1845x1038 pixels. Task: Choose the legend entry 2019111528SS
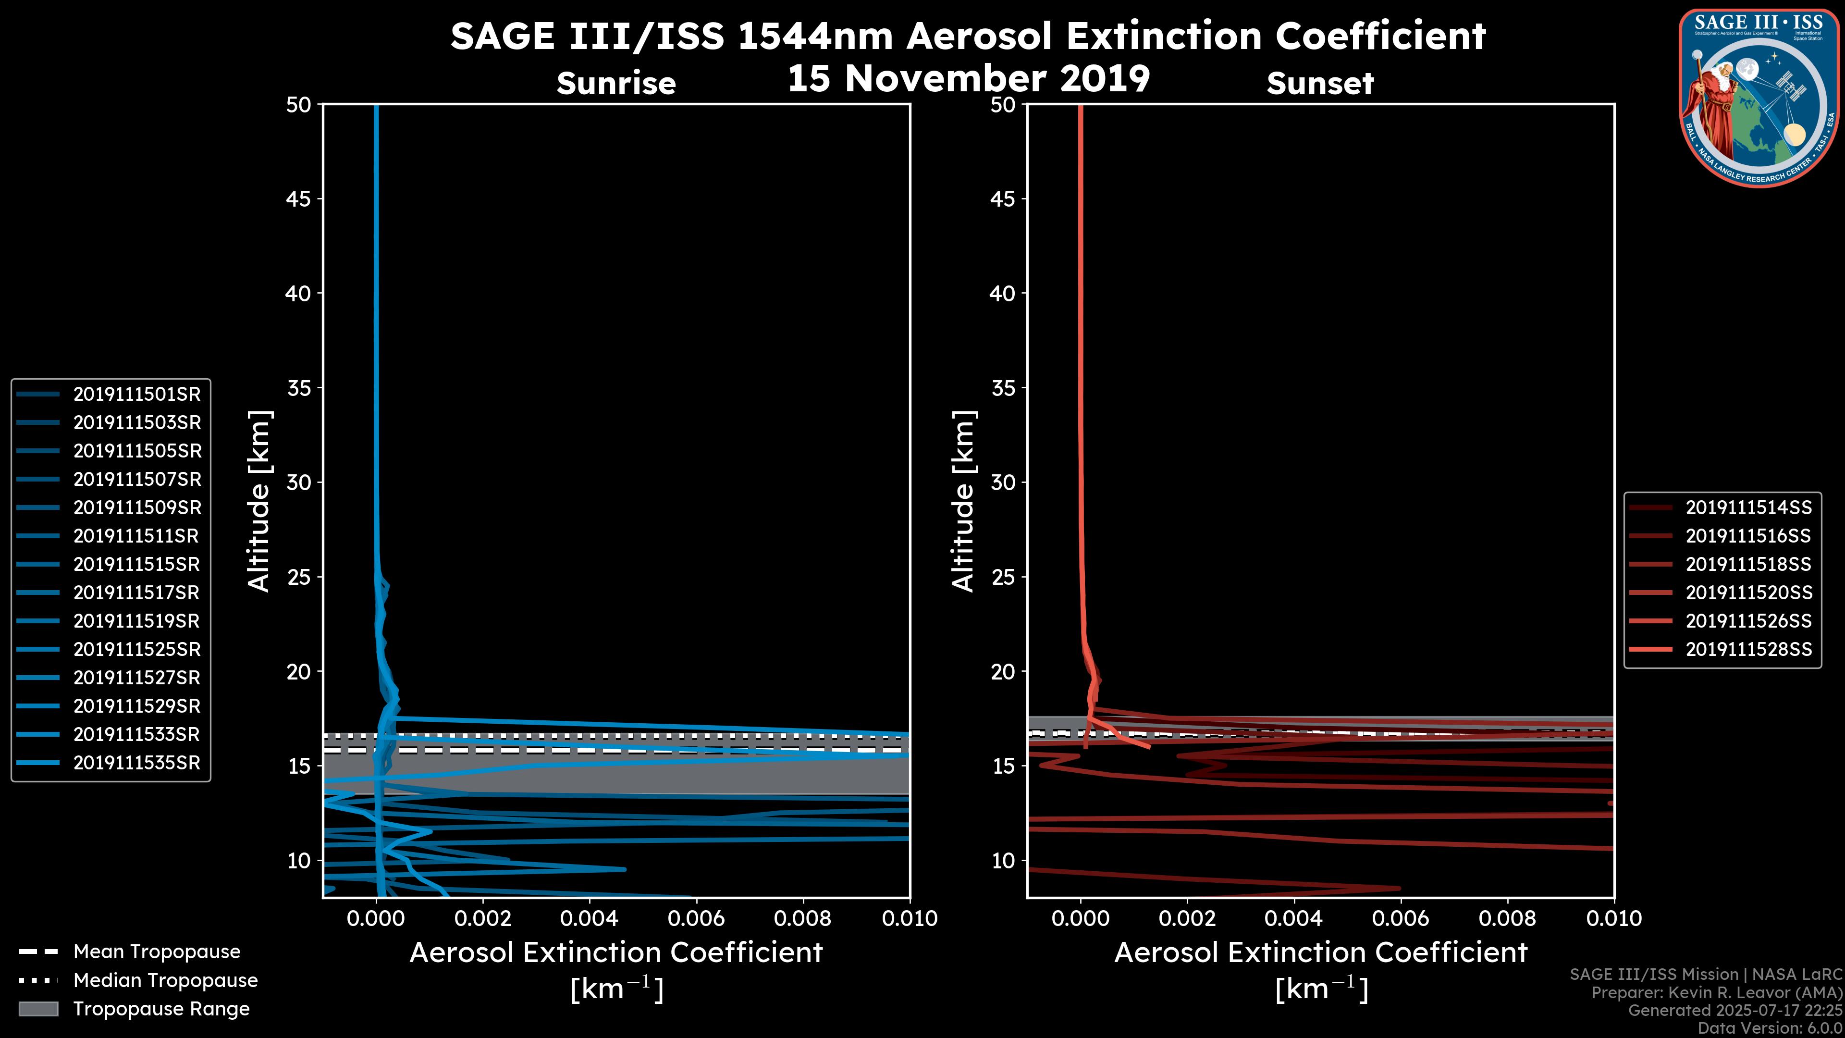[1748, 650]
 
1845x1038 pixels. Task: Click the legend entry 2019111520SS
[1748, 593]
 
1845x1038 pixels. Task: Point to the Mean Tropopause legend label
[157, 952]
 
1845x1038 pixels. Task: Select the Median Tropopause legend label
[165, 981]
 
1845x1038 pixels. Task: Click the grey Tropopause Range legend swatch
[38, 1009]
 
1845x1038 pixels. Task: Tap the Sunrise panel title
[616, 84]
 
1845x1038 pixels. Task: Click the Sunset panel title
[1320, 84]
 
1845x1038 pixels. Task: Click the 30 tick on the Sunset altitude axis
[1003, 483]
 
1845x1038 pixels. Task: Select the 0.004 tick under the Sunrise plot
[589, 918]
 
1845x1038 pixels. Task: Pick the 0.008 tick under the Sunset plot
[1508, 918]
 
